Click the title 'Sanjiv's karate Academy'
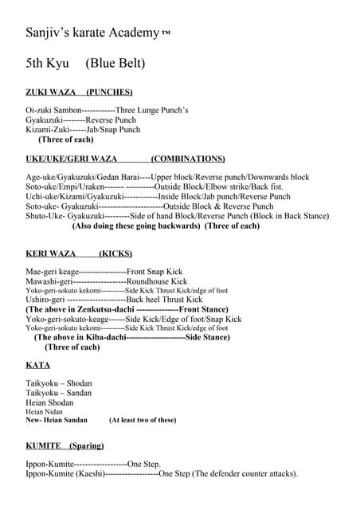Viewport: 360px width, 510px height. point(92,33)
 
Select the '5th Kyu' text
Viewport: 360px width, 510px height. point(48,63)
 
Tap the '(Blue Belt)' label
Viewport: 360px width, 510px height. point(115,63)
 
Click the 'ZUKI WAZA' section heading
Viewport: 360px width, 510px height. point(50,92)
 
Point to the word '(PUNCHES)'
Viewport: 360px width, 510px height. point(109,92)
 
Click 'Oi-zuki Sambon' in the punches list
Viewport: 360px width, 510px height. point(53,110)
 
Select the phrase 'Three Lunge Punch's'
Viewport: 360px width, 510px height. point(152,110)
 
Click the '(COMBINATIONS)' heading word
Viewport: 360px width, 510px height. point(188,159)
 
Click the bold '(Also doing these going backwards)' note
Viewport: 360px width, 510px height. point(136,226)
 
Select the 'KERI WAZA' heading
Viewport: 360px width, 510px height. point(51,254)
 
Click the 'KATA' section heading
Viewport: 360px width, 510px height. point(37,365)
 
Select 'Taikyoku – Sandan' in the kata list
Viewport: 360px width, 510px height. point(59,393)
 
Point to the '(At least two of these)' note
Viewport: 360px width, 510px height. point(143,420)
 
